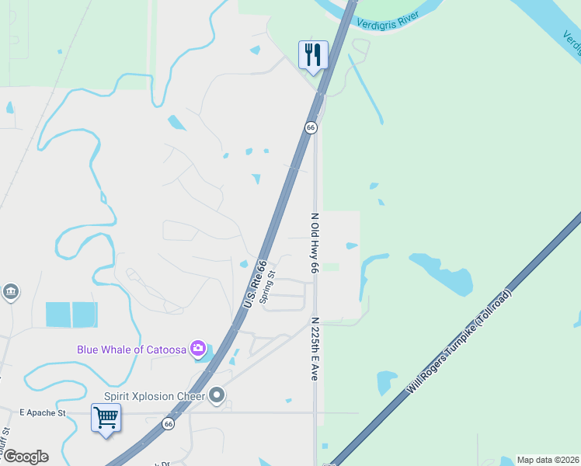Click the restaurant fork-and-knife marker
pos(313,55)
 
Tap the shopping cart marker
pos(106,418)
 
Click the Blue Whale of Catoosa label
pos(132,349)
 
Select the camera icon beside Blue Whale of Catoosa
pos(198,348)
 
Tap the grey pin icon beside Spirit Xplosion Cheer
pos(217,396)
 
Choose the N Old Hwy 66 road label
pos(315,243)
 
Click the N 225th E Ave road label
pos(315,348)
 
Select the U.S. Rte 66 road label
pos(255,283)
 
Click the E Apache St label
pos(43,412)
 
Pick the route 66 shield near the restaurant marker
pos(311,127)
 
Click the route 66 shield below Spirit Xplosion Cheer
pos(168,423)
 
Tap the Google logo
pos(25,457)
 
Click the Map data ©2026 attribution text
pos(548,460)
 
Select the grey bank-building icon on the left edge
pos(10,292)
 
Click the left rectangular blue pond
pos(58,315)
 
